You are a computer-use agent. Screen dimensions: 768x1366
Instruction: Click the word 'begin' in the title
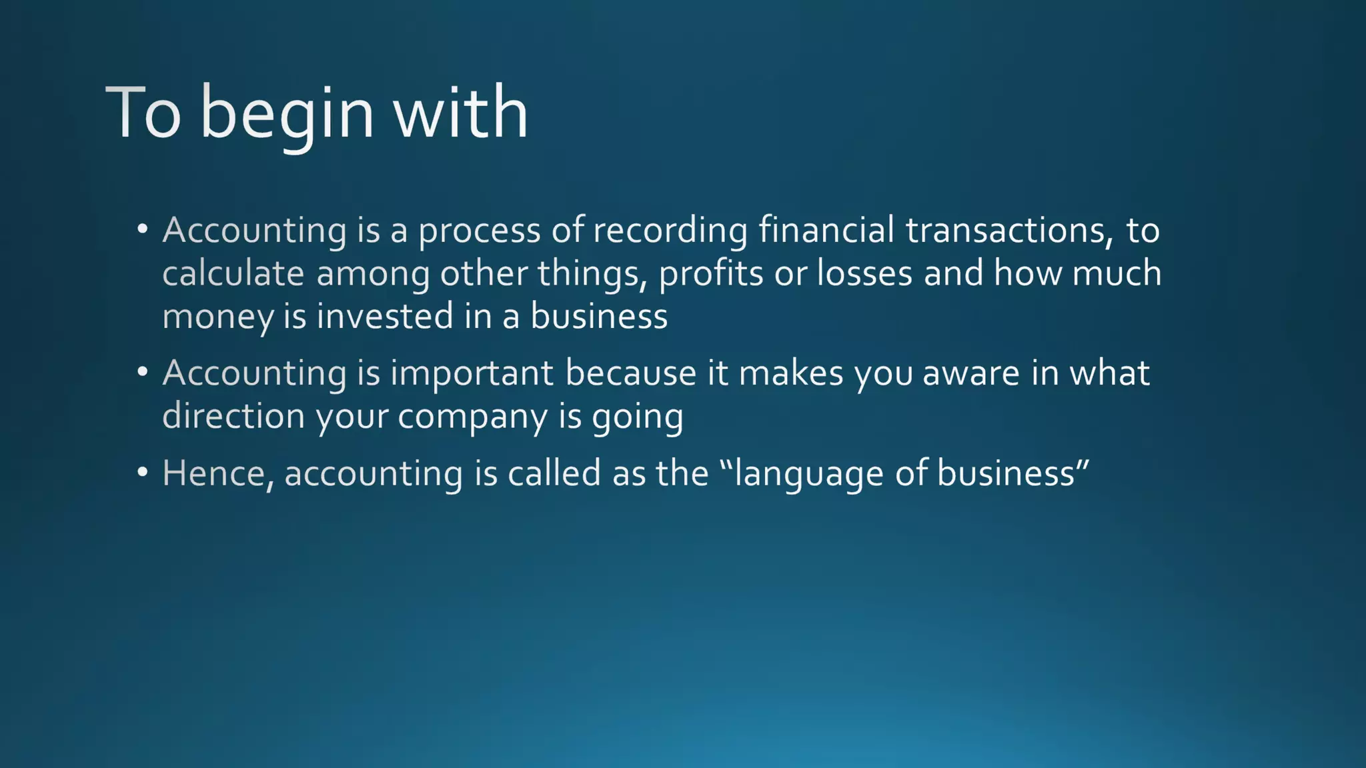click(287, 113)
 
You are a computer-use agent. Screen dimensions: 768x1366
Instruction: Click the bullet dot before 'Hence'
click(142, 472)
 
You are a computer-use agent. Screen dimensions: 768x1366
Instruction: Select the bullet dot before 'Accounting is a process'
click(142, 229)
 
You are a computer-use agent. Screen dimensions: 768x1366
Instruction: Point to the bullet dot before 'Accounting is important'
click(142, 372)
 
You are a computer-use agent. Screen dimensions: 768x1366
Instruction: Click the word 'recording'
click(670, 231)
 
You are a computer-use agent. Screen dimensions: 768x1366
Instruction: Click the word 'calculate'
click(233, 273)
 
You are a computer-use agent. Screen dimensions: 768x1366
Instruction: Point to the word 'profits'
click(711, 273)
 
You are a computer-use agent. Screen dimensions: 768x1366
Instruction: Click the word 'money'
click(217, 317)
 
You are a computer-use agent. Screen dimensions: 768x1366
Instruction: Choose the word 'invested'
click(385, 316)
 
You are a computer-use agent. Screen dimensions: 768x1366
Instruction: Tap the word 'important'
click(472, 373)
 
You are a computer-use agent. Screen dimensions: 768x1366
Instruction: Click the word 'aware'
click(971, 373)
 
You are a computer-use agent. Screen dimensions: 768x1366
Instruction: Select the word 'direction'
click(233, 416)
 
